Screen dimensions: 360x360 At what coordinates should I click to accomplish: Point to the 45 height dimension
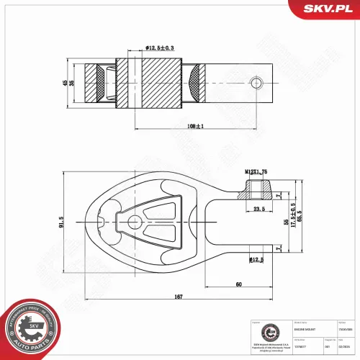(x=64, y=83)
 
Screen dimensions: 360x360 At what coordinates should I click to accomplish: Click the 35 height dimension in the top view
(x=72, y=83)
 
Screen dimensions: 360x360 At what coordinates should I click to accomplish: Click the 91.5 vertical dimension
(x=62, y=224)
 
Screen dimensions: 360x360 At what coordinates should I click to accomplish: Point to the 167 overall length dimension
(x=177, y=297)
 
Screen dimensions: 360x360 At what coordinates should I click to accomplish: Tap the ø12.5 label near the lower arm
(x=256, y=259)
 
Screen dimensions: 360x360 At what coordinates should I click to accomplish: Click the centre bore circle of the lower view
(x=133, y=223)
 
